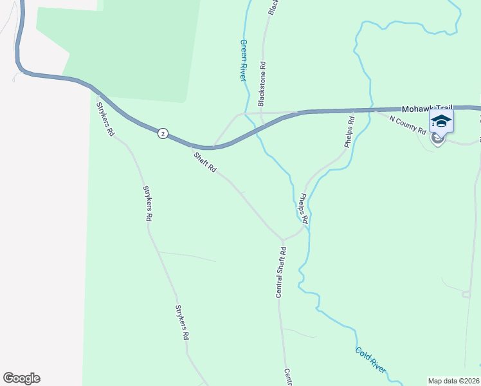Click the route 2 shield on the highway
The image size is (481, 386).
[163, 134]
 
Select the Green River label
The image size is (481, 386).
[243, 60]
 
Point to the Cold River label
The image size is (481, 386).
[370, 360]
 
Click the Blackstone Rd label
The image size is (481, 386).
[262, 84]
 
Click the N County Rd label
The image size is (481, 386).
[408, 125]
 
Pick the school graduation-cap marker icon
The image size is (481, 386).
[441, 121]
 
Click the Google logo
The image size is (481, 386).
[21, 378]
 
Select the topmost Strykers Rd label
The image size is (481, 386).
[105, 119]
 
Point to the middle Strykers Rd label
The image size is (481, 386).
[147, 203]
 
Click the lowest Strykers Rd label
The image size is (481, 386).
[182, 322]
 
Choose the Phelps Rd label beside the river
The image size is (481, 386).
[302, 209]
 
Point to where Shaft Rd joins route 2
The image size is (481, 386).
[191, 146]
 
